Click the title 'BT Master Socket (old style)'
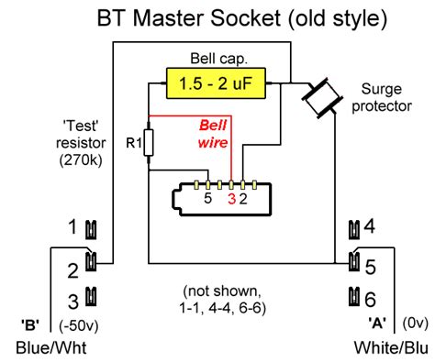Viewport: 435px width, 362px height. [217, 17]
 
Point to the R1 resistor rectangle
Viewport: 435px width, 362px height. [149, 143]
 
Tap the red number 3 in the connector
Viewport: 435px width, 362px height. [231, 197]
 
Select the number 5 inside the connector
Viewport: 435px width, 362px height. [208, 197]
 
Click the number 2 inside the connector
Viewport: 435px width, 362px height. [243, 197]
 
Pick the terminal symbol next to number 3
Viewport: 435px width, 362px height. [91, 297]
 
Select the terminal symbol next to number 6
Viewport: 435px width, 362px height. [354, 297]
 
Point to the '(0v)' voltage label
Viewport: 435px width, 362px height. [413, 324]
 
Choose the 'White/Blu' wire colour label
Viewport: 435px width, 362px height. [390, 348]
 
